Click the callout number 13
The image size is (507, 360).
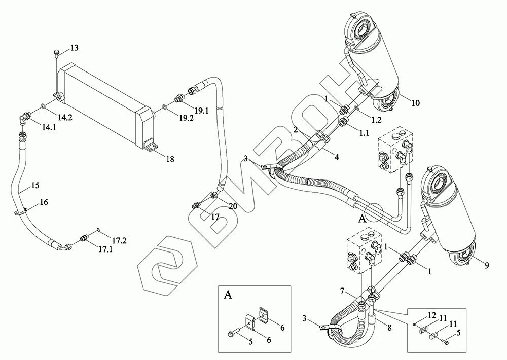click(x=74, y=48)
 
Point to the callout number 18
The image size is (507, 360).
click(x=170, y=159)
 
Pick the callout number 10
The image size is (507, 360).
click(x=415, y=103)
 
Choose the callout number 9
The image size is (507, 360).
click(x=487, y=265)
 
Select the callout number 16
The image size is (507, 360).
click(x=44, y=202)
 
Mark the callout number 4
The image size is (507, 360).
click(x=336, y=158)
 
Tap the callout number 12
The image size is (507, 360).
click(x=432, y=315)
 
